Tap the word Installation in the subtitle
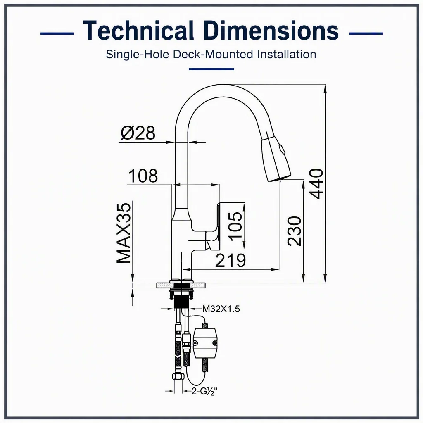(287, 54)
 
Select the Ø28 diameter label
(138, 133)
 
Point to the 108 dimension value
(143, 176)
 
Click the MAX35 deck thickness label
(124, 233)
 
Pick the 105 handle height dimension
(235, 225)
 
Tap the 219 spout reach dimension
(231, 260)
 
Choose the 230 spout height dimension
(294, 231)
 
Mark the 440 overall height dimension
(316, 184)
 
